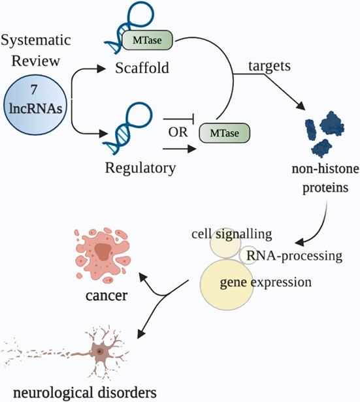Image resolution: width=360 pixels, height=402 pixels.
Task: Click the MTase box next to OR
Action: click(221, 132)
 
